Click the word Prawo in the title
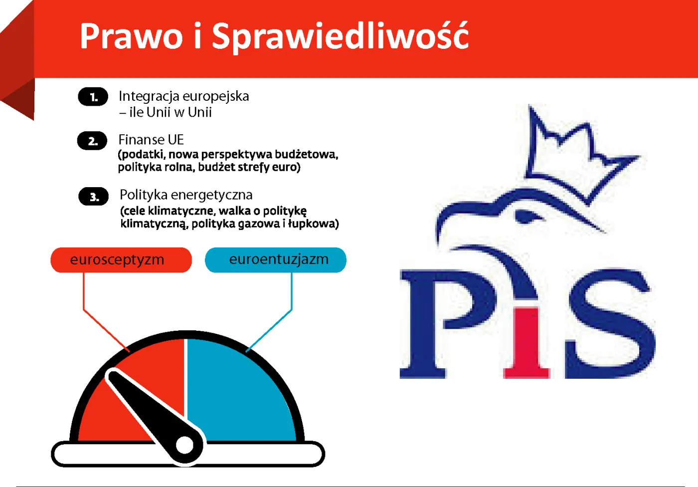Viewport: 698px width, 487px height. pos(131,36)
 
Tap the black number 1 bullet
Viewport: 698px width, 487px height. pos(93,97)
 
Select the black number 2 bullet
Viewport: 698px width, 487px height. pos(92,141)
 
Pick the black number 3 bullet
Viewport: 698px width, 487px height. pos(94,197)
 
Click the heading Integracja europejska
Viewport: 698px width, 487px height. pos(183,96)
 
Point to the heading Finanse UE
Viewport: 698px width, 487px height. pos(151,139)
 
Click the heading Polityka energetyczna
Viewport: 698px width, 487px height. pos(186,195)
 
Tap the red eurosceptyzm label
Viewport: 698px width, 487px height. pos(121,260)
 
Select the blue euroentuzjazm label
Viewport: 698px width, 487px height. pos(276,260)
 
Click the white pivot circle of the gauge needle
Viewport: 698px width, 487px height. pos(185,445)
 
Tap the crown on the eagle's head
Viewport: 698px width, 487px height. pos(573,155)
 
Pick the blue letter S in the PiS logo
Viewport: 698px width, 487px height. pos(611,324)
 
